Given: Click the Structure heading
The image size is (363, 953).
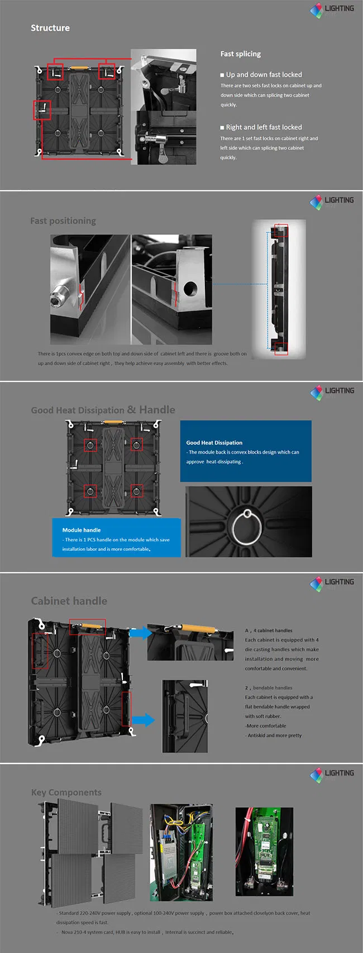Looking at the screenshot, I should (x=50, y=28).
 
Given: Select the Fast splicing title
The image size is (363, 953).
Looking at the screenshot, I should (x=240, y=54).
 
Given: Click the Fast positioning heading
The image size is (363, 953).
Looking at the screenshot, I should (x=63, y=221).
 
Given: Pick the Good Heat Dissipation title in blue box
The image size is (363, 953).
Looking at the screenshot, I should (x=214, y=442).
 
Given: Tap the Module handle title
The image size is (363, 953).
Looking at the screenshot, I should (x=82, y=530).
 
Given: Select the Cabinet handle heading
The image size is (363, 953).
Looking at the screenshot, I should (x=69, y=601).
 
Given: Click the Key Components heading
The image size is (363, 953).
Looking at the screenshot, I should (x=66, y=792).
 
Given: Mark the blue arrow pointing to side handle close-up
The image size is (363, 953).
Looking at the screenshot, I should (x=144, y=720).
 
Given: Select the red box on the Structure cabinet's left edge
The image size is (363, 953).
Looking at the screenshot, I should (x=42, y=110).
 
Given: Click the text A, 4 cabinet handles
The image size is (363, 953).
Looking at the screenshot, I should (x=269, y=630).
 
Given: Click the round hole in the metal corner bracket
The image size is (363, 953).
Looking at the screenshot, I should (x=190, y=289).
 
